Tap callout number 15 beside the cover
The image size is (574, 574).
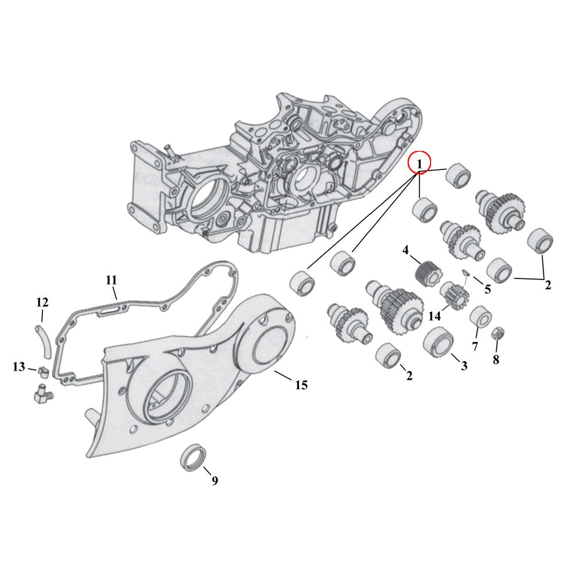click(301, 385)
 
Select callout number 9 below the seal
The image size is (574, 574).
click(215, 481)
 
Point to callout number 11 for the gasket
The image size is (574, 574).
click(111, 280)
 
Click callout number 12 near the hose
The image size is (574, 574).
click(42, 302)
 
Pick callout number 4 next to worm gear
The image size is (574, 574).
click(405, 250)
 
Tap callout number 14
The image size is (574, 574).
click(435, 315)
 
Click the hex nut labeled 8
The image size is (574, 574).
click(497, 333)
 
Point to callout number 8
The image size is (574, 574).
click(496, 360)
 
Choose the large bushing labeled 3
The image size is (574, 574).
click(438, 340)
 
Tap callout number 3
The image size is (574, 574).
click(464, 364)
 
